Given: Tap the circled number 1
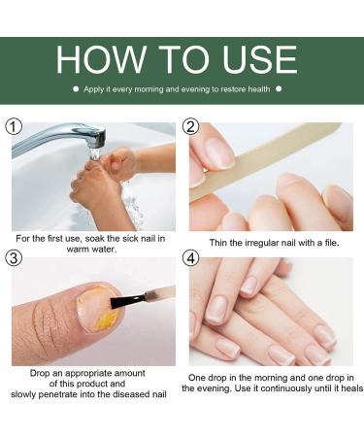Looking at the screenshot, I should pos(13,128).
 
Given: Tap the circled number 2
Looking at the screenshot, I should pos(191,128).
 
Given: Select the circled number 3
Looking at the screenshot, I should pos(13,259).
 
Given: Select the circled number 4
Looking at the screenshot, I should pos(191,259).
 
